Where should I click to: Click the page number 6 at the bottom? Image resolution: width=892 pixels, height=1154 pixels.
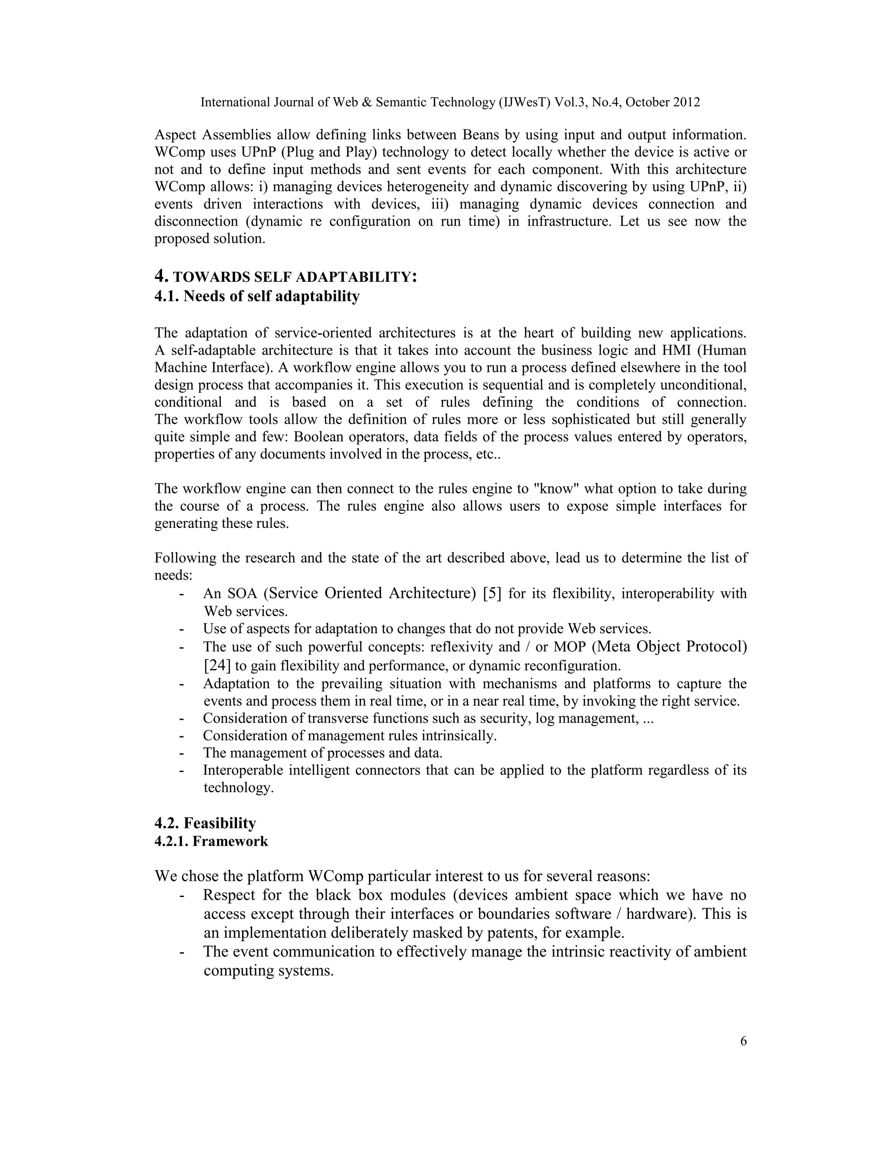click(743, 1042)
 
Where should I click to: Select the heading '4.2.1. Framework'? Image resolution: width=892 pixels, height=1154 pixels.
click(211, 840)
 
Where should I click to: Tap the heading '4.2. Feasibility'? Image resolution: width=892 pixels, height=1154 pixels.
click(205, 823)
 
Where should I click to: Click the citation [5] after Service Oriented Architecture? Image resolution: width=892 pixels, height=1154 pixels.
click(492, 594)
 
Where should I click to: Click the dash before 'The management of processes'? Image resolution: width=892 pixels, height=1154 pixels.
click(182, 752)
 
